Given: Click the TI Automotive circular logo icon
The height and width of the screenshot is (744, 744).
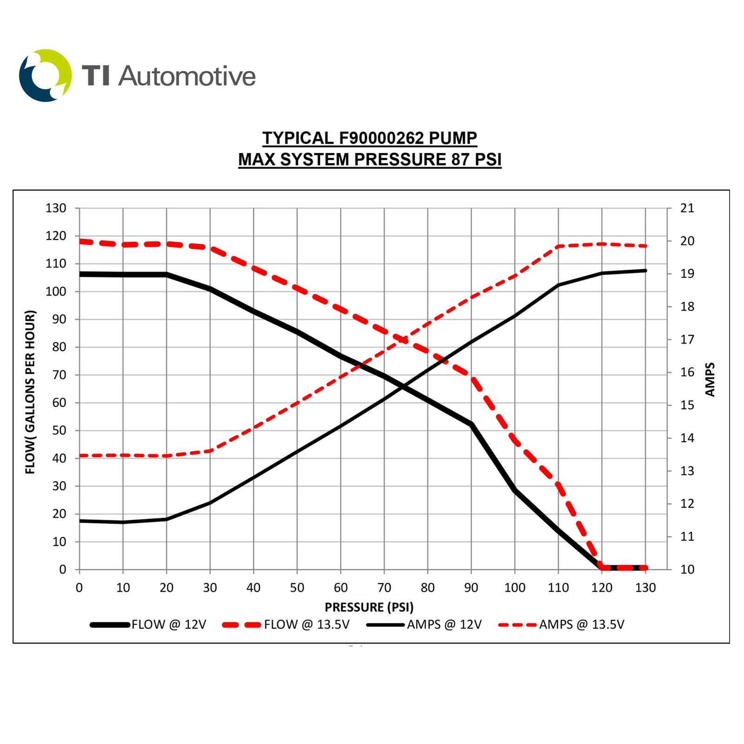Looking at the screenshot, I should click(45, 75).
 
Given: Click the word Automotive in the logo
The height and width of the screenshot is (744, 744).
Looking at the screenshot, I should click(187, 76).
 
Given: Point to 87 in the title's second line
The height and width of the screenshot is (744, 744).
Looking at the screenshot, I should click(460, 159).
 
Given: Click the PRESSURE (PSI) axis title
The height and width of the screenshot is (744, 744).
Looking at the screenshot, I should click(369, 607).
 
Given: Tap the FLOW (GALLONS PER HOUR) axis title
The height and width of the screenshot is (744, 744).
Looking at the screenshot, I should click(30, 392).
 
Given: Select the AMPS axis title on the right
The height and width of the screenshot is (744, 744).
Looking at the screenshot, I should click(710, 379).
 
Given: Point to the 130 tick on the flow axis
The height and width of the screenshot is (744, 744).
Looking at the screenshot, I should click(56, 208).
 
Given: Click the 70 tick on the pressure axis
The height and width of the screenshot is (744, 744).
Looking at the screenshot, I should click(384, 588).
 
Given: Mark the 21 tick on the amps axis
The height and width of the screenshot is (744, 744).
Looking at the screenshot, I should click(687, 208).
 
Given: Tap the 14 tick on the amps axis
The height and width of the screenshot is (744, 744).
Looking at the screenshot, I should click(687, 438).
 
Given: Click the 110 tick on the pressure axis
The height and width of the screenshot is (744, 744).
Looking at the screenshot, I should click(558, 588).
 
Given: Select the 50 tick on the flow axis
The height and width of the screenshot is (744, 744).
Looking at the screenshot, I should click(59, 431).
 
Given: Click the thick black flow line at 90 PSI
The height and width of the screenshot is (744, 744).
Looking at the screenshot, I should click(471, 424).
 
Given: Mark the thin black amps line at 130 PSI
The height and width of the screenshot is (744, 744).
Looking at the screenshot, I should click(645, 271).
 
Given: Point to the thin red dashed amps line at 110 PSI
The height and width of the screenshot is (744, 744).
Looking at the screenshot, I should click(558, 246).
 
